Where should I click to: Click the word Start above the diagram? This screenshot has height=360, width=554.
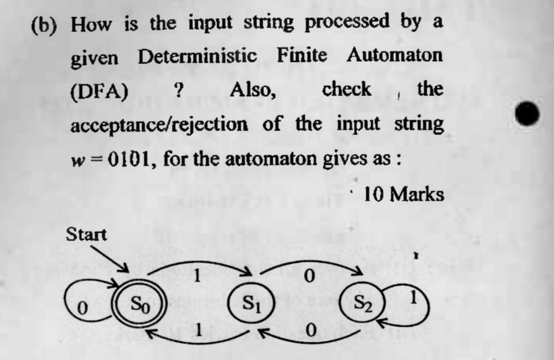[86, 234]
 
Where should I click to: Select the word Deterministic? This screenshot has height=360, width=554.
[197, 55]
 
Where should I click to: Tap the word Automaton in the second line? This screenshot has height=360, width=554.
[395, 55]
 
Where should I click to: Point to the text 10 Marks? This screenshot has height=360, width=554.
[404, 195]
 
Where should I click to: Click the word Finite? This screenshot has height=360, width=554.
[302, 55]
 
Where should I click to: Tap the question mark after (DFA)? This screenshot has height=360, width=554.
[178, 90]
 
